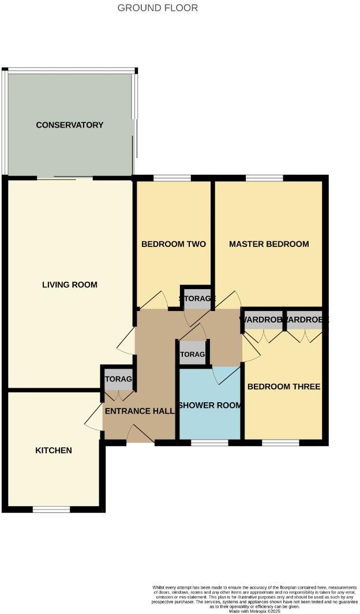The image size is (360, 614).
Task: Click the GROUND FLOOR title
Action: pyautogui.click(x=157, y=8)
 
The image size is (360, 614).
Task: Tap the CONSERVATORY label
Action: pyautogui.click(x=69, y=125)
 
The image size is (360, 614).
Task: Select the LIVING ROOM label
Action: pyautogui.click(x=70, y=284)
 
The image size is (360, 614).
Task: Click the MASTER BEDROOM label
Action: pyautogui.click(x=269, y=244)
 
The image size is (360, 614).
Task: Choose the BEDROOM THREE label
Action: pyautogui.click(x=283, y=387)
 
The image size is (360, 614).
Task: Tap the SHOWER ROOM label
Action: pyautogui.click(x=209, y=405)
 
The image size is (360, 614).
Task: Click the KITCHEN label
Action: pyautogui.click(x=54, y=450)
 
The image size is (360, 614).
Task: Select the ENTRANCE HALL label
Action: pyautogui.click(x=139, y=411)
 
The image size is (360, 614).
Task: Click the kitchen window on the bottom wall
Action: pyautogui.click(x=51, y=510)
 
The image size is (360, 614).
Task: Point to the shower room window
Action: pyautogui.click(x=209, y=443)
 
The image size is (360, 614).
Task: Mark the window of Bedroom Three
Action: pyautogui.click(x=280, y=443)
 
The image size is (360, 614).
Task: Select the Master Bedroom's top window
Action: pyautogui.click(x=264, y=178)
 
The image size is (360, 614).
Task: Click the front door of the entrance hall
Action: pyautogui.click(x=140, y=435)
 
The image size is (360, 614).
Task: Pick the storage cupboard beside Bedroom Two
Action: pyautogui.click(x=196, y=298)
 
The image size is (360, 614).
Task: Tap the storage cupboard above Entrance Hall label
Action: pyautogui.click(x=118, y=379)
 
